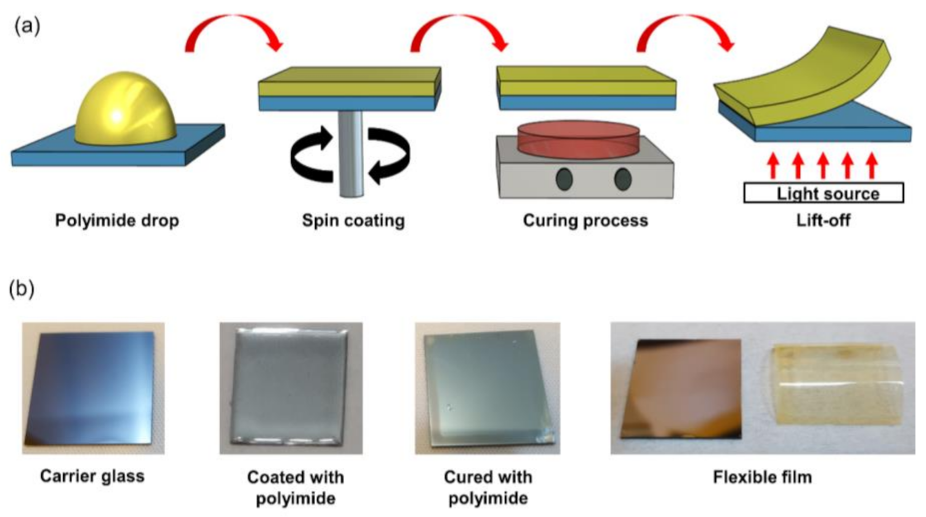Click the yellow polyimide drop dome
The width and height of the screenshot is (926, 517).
click(125, 109)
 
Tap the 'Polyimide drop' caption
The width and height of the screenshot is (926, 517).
click(117, 220)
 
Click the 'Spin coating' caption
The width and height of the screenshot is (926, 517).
click(353, 220)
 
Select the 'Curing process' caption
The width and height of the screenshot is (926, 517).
click(585, 220)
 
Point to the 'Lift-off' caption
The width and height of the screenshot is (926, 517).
click(823, 220)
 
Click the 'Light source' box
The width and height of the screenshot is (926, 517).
click(824, 193)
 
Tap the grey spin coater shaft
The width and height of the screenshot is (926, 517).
click(351, 154)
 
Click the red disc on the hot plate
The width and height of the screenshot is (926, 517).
click(579, 140)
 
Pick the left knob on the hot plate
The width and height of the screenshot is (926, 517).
click(564, 179)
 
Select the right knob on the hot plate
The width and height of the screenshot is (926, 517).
click(623, 179)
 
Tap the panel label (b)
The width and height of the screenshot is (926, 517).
click(21, 289)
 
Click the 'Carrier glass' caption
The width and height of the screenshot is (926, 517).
click(92, 476)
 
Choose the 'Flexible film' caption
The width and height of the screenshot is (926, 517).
click(762, 477)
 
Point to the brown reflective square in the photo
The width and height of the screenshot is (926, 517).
click(681, 388)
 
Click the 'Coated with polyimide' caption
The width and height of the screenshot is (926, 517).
click(295, 488)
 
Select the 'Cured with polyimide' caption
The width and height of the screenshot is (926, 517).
click(488, 488)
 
